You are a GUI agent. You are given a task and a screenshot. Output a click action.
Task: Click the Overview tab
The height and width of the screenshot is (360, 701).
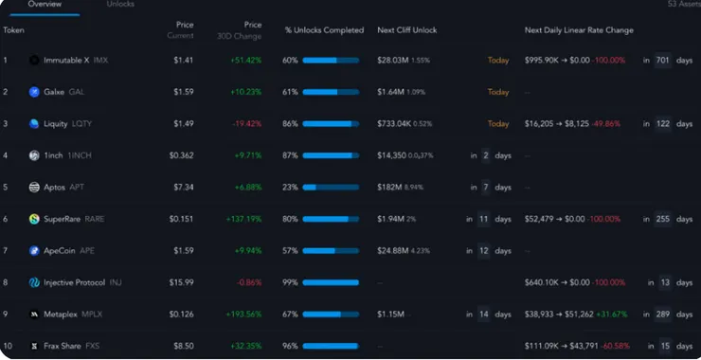tap(45, 5)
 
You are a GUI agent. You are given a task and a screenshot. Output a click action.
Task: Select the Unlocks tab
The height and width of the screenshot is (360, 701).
tap(120, 5)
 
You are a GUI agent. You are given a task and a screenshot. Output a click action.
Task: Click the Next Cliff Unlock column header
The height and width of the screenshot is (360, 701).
tap(407, 30)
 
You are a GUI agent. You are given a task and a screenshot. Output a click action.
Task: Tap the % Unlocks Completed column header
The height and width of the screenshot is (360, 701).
tap(324, 30)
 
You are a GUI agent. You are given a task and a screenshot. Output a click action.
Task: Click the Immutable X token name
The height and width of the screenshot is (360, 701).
tap(66, 60)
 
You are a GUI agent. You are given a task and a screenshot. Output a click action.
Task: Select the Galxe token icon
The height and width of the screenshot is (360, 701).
tap(34, 92)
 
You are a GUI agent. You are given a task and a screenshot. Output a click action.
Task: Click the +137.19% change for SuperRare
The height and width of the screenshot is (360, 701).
tap(244, 219)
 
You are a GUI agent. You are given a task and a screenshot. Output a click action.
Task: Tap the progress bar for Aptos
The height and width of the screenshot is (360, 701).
tap(331, 188)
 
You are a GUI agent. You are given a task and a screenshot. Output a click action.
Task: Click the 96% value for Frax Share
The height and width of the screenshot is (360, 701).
tap(290, 346)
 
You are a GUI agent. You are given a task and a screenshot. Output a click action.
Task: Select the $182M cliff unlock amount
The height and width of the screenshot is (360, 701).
tap(389, 188)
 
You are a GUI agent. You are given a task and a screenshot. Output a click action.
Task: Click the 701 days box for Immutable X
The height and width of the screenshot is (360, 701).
tap(663, 61)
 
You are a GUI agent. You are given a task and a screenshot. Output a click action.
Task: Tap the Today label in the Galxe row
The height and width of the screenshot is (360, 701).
tap(498, 92)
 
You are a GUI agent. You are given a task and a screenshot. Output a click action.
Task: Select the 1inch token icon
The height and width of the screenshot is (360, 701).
tap(34, 155)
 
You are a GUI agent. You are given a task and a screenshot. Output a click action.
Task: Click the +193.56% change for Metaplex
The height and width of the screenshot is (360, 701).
tap(244, 315)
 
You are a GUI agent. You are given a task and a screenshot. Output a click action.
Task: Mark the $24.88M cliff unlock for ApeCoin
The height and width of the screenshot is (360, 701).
tap(392, 251)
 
